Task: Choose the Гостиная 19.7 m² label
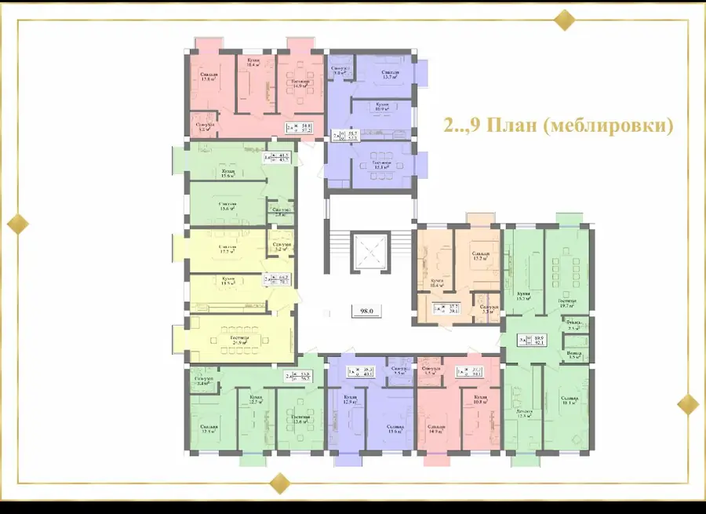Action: click(567, 304)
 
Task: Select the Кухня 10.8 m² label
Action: click(481, 400)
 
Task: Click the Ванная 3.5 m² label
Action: click(574, 355)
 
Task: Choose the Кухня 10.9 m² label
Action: click(382, 107)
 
